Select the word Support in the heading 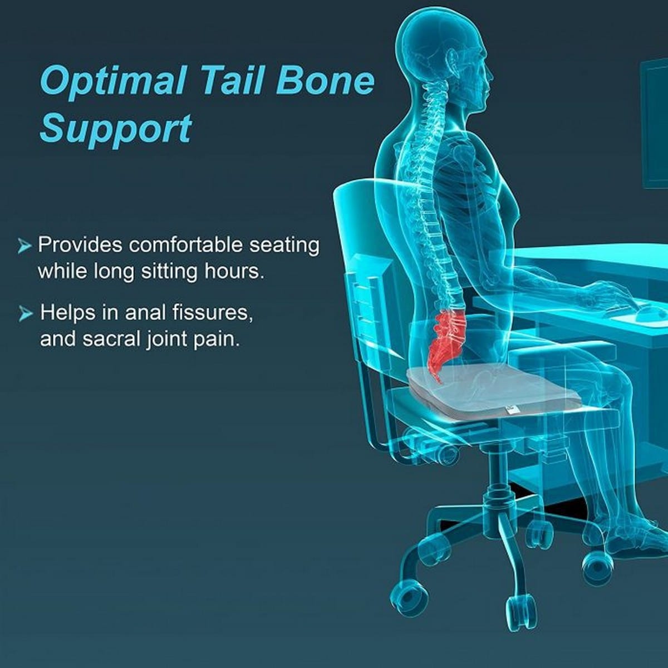(115, 129)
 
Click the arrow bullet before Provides (24, 246)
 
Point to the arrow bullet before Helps (25, 313)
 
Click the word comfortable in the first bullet (186, 245)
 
